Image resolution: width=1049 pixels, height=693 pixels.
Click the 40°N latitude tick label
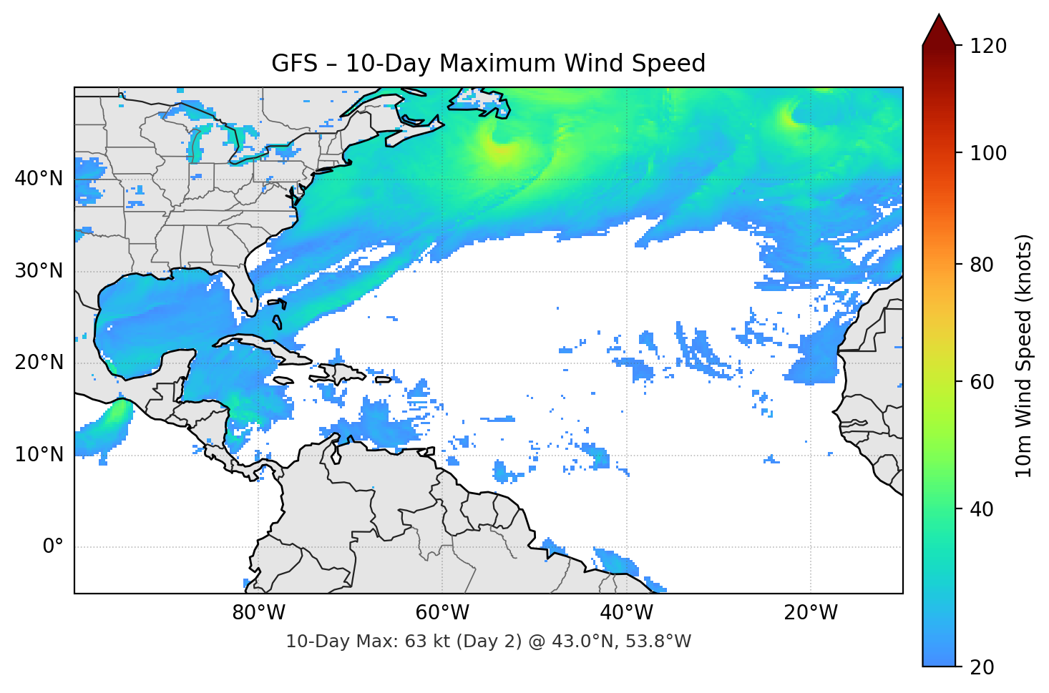[39, 179]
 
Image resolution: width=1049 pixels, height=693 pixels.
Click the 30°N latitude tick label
[39, 271]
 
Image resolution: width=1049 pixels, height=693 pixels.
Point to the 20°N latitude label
[39, 363]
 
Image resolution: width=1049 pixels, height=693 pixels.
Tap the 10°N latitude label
[39, 455]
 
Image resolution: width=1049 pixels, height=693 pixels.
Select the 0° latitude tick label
[53, 547]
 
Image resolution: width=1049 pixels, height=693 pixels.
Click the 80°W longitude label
[258, 613]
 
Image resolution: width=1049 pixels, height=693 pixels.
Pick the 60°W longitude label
[442, 613]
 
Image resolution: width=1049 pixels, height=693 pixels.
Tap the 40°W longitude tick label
[626, 613]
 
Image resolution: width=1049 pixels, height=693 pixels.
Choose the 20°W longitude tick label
[810, 613]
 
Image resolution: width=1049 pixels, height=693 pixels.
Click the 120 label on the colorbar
[988, 46]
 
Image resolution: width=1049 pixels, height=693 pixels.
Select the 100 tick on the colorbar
[988, 153]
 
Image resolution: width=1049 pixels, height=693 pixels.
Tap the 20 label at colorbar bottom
[981, 667]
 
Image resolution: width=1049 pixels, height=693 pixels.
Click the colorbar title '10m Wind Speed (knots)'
[1024, 356]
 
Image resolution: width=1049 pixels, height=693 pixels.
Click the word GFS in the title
[294, 64]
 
